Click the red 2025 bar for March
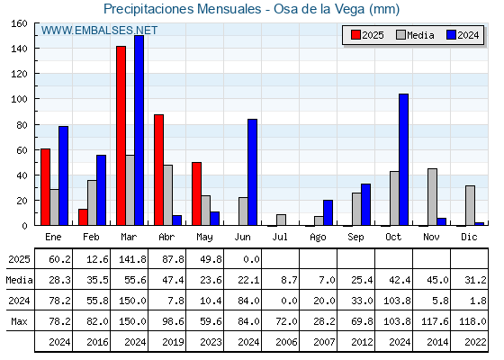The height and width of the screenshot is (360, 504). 121,136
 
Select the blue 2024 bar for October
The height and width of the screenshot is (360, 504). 404,160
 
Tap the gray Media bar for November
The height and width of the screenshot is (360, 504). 432,197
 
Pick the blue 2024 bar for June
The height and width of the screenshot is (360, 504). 252,172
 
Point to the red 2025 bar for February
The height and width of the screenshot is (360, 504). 83,217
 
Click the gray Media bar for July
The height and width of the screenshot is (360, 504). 281,220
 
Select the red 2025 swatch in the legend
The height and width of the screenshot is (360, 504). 355,35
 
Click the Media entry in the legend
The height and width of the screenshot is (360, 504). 415,35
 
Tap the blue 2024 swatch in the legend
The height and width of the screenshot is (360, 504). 451,35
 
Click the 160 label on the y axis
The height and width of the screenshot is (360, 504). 19,23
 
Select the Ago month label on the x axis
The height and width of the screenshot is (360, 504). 318,238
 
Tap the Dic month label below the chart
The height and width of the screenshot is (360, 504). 469,237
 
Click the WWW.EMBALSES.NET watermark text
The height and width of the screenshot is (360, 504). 99,31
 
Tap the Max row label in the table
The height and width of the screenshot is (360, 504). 19,321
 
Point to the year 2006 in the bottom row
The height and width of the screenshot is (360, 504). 286,342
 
